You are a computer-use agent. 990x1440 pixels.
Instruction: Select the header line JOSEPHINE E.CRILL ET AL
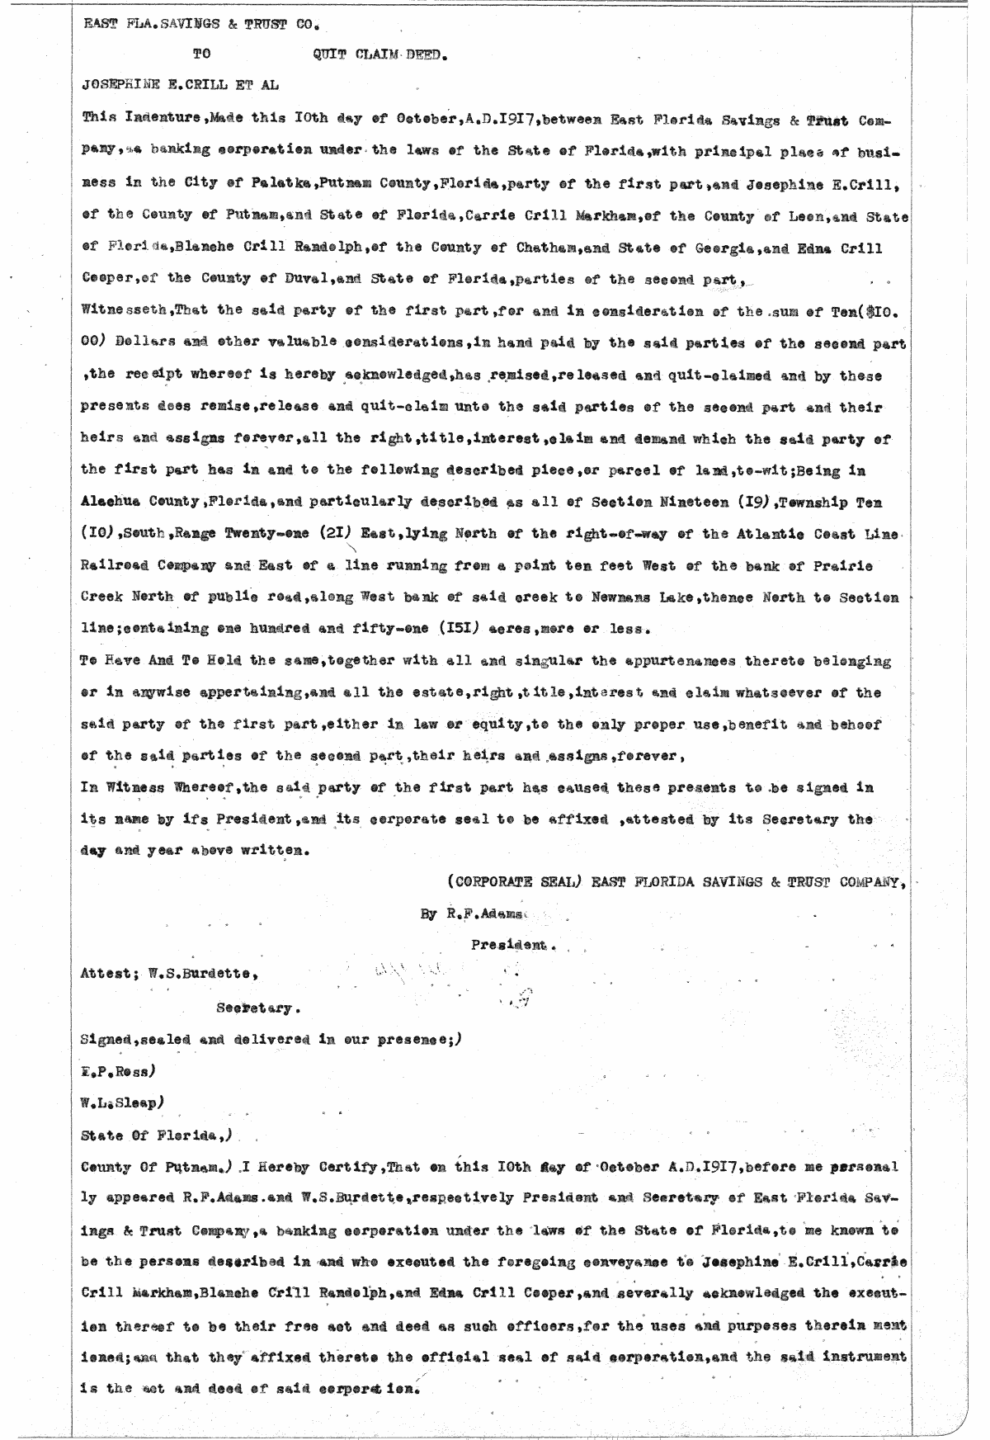pos(180,85)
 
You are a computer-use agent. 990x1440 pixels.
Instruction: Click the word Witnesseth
pos(119,312)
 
